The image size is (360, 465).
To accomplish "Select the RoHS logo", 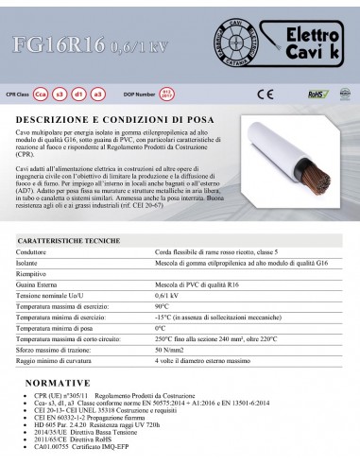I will (322, 94).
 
